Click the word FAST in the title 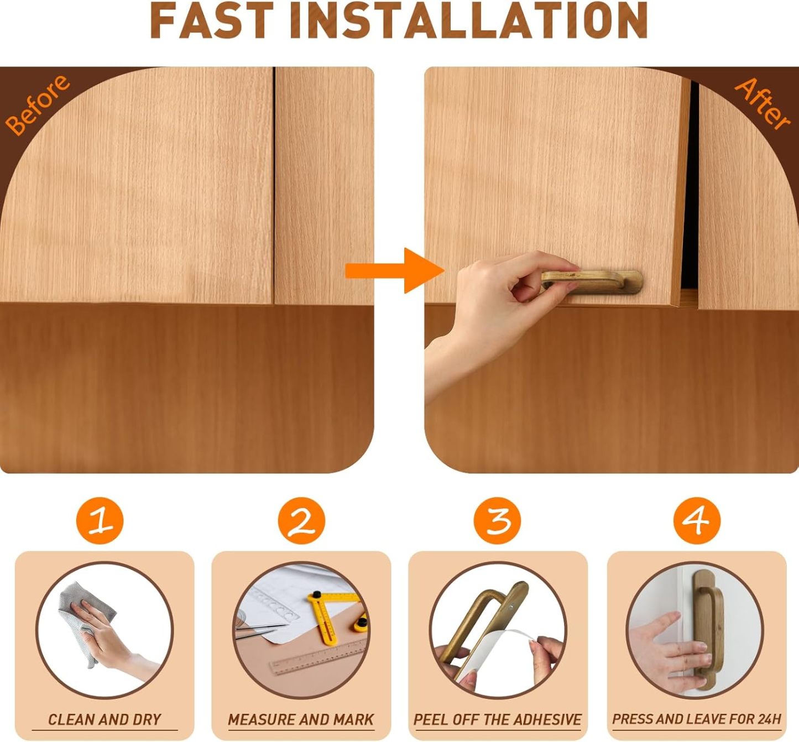click(211, 21)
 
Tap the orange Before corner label click(37, 104)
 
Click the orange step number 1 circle click(100, 520)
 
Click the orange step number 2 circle click(301, 520)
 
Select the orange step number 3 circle click(498, 520)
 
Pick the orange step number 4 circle click(697, 520)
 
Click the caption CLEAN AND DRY click(105, 719)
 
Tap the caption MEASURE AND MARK click(301, 719)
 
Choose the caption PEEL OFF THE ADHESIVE click(498, 719)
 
